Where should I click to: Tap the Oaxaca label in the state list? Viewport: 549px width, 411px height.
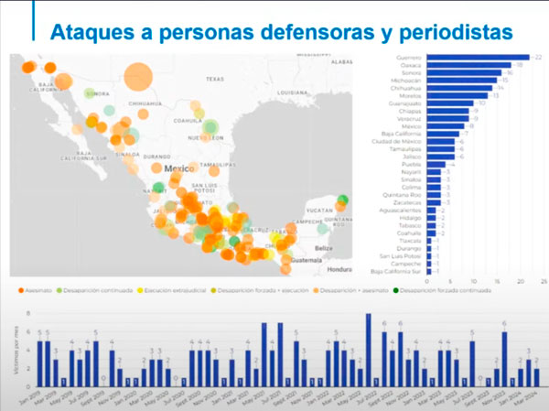pyautogui.click(x=409, y=65)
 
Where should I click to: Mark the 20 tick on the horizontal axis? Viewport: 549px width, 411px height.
pyautogui.click(x=521, y=281)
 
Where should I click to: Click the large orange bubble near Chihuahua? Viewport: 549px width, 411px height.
pyautogui.click(x=139, y=76)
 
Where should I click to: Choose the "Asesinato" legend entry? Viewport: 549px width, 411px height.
pyautogui.click(x=35, y=290)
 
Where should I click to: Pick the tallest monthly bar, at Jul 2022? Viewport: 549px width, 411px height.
pyautogui.click(x=368, y=350)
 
